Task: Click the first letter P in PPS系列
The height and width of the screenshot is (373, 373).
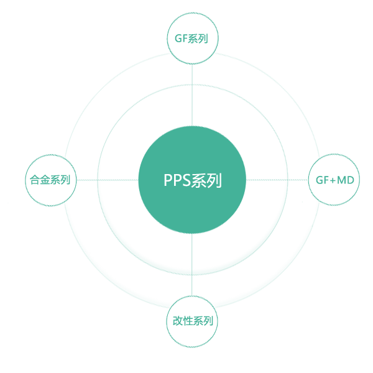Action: (167, 181)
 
